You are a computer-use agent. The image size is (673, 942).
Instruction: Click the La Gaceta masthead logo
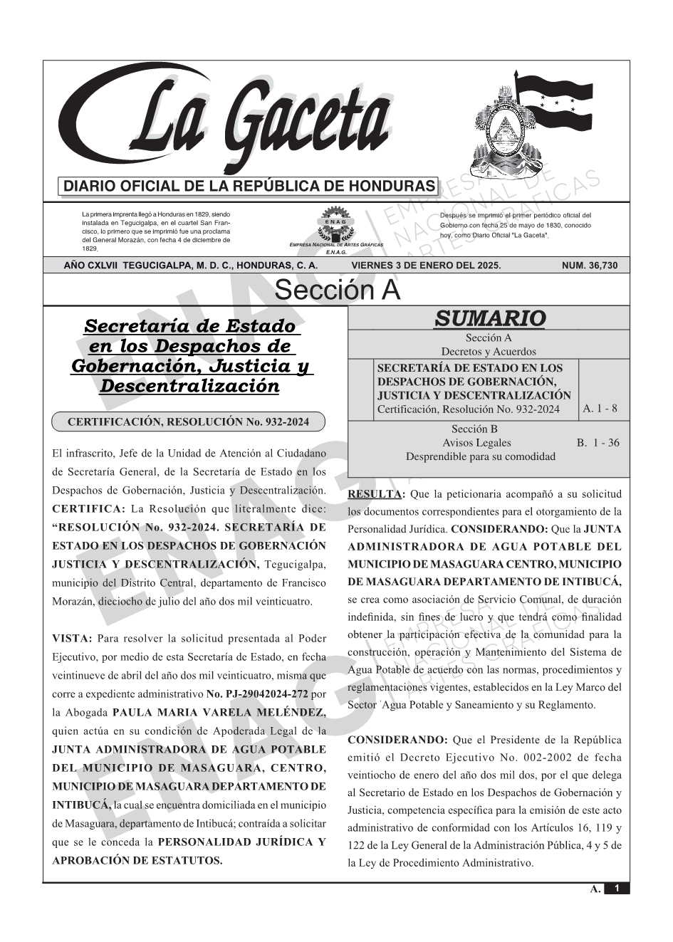click(x=228, y=121)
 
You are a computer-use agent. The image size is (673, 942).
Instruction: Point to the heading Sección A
click(x=337, y=291)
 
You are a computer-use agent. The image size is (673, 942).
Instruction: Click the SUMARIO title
click(x=489, y=318)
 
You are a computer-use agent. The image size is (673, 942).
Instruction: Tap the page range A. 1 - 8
click(x=600, y=409)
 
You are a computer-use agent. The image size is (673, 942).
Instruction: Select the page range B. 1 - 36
click(x=598, y=443)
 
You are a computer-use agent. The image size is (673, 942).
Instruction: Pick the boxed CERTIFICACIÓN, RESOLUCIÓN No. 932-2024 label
click(x=188, y=422)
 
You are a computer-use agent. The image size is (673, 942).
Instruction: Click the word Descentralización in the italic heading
click(x=189, y=387)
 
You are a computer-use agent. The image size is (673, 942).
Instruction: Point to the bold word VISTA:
click(x=72, y=639)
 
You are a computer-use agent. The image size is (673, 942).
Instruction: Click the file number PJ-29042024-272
click(x=266, y=694)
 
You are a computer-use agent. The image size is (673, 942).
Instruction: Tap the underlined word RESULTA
click(x=374, y=494)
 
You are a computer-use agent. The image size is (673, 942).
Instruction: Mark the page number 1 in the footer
click(x=617, y=888)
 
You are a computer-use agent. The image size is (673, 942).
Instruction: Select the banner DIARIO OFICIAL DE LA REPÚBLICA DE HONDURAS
click(x=249, y=187)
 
